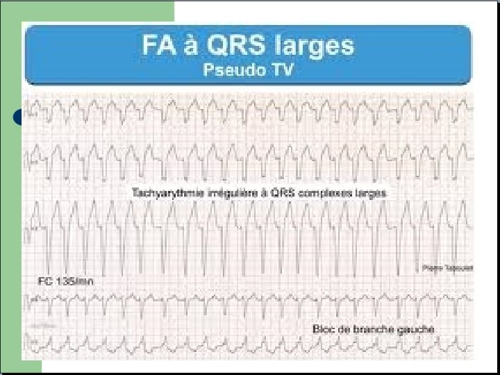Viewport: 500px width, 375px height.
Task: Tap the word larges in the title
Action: (314, 47)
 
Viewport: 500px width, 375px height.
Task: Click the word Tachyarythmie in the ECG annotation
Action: (162, 192)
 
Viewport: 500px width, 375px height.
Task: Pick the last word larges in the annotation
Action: (369, 192)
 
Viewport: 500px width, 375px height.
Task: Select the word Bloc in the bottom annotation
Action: (322, 328)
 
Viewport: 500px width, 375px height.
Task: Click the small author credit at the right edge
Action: (437, 267)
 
